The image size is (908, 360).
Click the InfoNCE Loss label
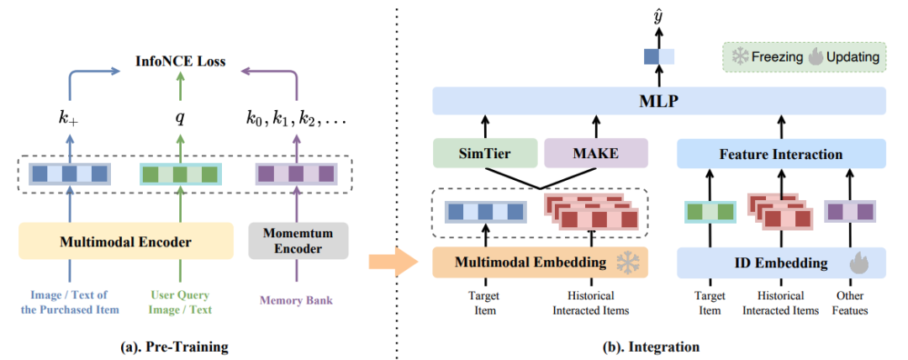click(x=180, y=61)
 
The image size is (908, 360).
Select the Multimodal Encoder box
click(x=125, y=241)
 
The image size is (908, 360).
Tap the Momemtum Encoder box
click(x=298, y=241)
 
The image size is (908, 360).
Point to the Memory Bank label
click(x=296, y=300)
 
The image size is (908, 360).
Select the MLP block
click(x=660, y=102)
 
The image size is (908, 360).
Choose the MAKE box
click(x=595, y=154)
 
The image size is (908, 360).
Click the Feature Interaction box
click(x=781, y=154)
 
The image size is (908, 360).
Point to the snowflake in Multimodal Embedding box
click(x=626, y=262)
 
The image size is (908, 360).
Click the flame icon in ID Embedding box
click(x=859, y=264)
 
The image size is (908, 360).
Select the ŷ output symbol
click(x=657, y=18)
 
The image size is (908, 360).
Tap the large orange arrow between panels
click(x=393, y=262)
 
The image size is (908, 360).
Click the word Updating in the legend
click(x=853, y=57)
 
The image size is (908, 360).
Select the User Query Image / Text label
click(x=180, y=303)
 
